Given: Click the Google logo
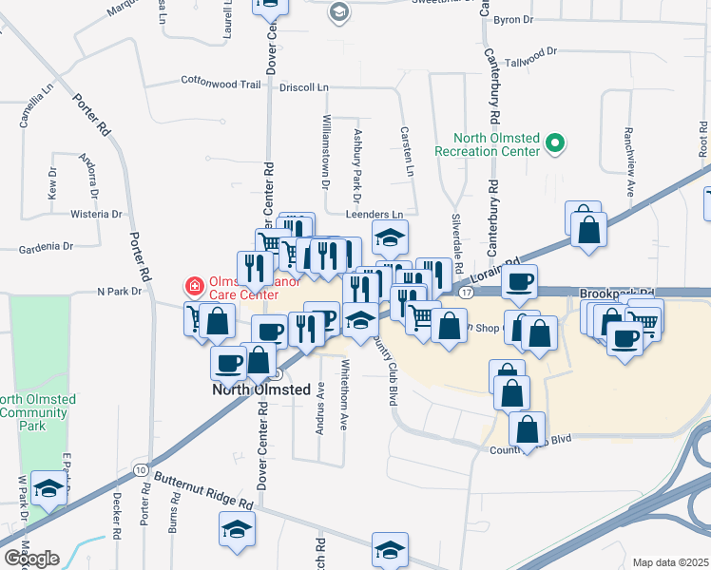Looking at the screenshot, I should pos(30,558).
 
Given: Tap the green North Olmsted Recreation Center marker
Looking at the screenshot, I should pos(555,144).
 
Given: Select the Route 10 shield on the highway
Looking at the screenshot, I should pos(141,470).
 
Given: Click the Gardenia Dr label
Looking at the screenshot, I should pos(46,247).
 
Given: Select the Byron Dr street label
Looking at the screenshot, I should pos(514,20).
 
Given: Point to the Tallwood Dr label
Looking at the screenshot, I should pos(531,56).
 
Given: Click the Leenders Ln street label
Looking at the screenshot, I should pos(387,215).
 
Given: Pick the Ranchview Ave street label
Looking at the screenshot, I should pos(628,160).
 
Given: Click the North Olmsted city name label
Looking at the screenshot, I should pos(261,389).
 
